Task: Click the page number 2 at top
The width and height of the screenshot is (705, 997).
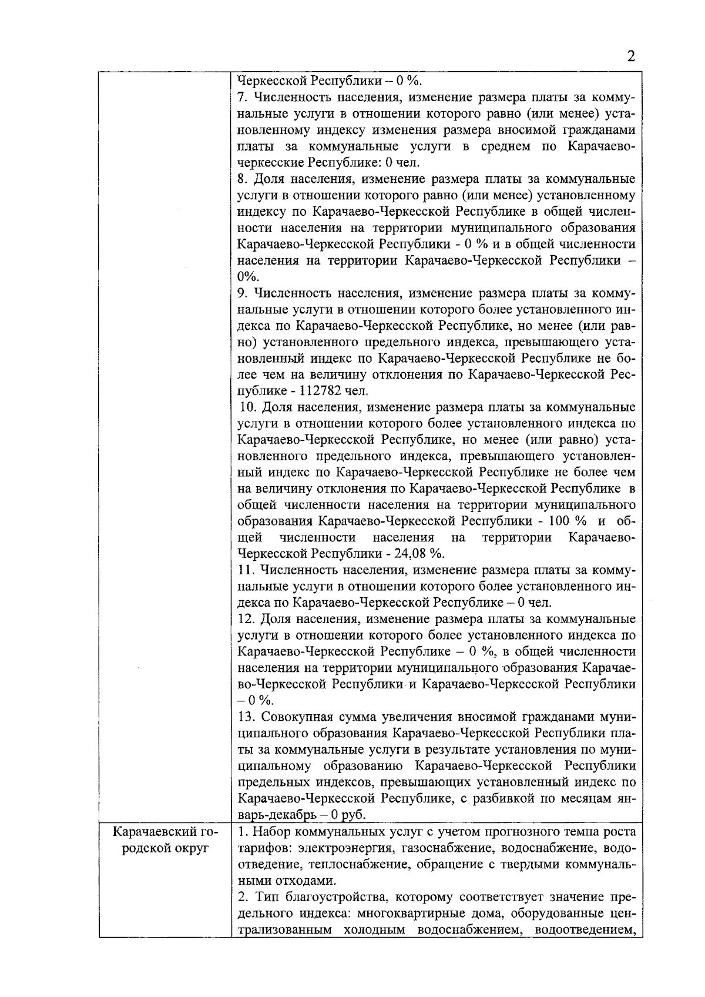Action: click(x=631, y=56)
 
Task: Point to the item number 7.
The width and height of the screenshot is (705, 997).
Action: click(x=241, y=97)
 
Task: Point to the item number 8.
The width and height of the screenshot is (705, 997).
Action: click(x=241, y=179)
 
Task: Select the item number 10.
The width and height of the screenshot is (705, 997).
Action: click(x=248, y=407)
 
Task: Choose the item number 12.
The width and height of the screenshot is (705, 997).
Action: click(x=247, y=619)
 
